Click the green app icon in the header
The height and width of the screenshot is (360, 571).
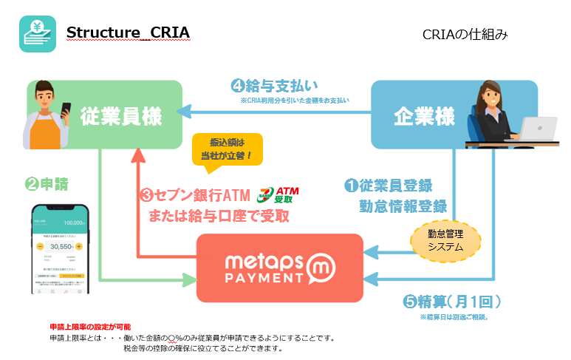point(37,33)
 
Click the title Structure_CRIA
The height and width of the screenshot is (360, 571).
point(128,33)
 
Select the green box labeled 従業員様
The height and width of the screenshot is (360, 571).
point(122,117)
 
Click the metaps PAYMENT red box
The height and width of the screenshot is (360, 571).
point(279,268)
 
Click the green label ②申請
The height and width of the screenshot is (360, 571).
point(49,181)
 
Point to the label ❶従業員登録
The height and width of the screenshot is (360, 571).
point(389,186)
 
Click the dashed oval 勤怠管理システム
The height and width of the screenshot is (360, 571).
point(445,240)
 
